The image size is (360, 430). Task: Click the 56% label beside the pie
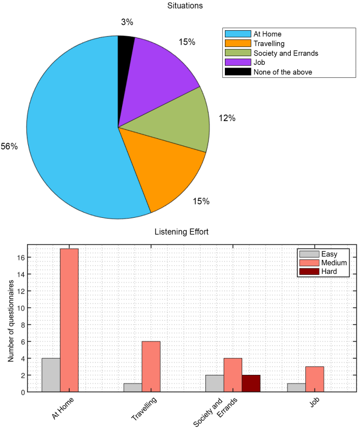(9, 146)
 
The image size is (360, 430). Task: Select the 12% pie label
(227, 118)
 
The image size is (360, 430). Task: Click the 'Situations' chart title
(179, 6)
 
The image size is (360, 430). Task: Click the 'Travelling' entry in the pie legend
(269, 43)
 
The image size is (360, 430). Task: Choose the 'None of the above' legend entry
(283, 71)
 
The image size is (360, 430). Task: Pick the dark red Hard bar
(251, 383)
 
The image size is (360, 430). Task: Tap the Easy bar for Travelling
(132, 387)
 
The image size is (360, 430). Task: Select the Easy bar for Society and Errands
(215, 383)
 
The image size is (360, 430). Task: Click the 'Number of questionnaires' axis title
(10, 318)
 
